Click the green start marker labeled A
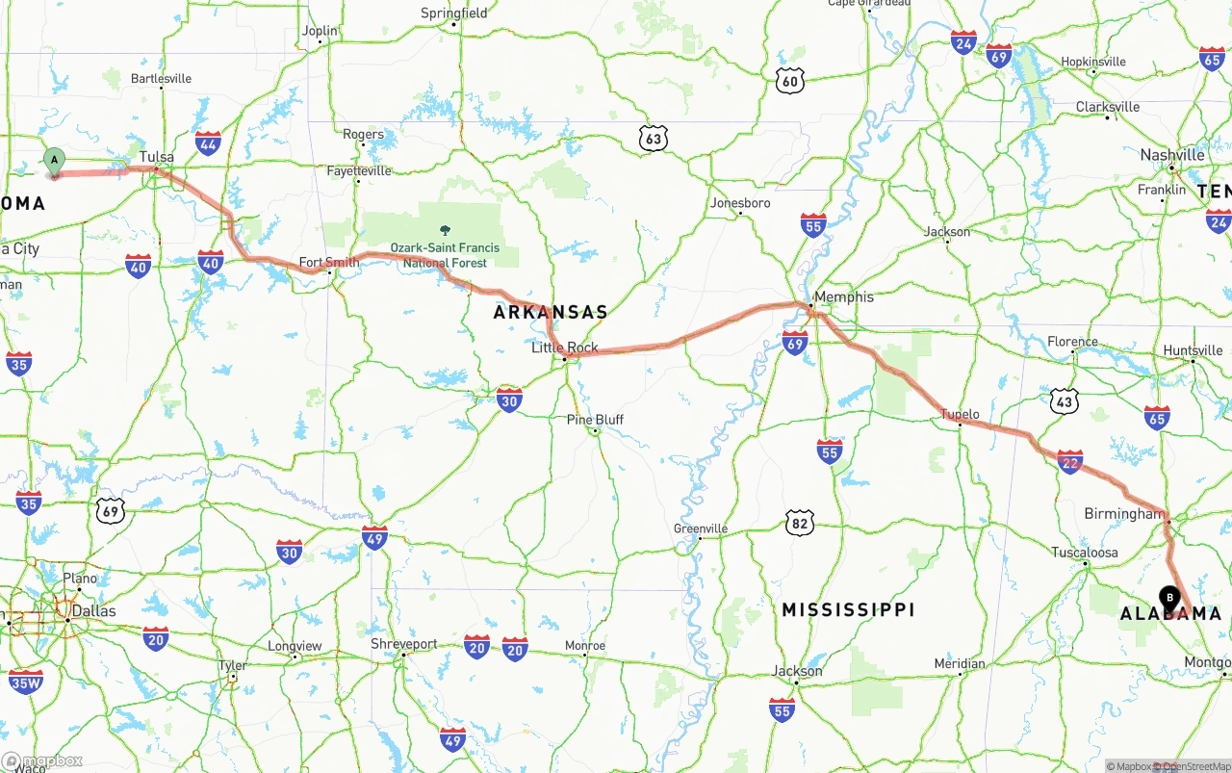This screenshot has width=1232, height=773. pos(55,161)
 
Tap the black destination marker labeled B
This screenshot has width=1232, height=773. pos(1169,599)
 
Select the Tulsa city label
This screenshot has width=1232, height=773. pos(156,157)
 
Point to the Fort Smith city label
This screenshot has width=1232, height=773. pos(329,262)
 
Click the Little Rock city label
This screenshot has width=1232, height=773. pos(565,348)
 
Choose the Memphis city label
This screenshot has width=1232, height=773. pos(843,296)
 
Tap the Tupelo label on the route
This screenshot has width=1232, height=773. pos(960,415)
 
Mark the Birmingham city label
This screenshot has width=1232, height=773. pos(1123,514)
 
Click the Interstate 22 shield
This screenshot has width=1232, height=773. pos(1069,462)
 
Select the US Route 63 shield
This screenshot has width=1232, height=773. pos(654,140)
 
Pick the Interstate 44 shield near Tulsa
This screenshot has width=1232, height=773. pos(208,144)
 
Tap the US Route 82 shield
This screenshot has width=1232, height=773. pos(799,523)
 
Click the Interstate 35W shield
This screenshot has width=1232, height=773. pos(26,683)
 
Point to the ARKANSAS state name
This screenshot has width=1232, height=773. pos(551,312)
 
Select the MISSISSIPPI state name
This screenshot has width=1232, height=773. pos(848,610)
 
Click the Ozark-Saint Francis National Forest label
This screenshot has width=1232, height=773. pos(445,254)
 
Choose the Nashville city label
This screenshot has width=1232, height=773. pos(1171,155)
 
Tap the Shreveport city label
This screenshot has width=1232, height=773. pos(404,644)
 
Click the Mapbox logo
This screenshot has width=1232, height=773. pos(42,760)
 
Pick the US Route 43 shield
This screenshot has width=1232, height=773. pos(1064,401)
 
